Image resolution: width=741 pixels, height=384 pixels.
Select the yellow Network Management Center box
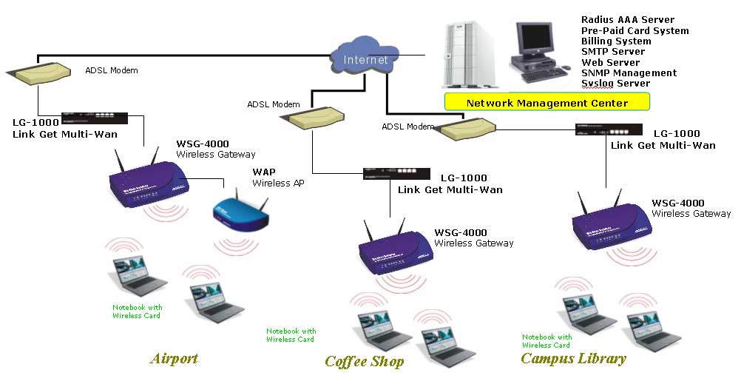pyautogui.click(x=547, y=102)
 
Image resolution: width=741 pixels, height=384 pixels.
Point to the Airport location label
pyautogui.click(x=174, y=359)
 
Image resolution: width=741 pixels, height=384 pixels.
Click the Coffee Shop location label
pyautogui.click(x=365, y=361)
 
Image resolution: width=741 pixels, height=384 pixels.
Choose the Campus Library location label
pyautogui.click(x=573, y=359)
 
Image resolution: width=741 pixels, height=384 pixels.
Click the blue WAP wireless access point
pyautogui.click(x=240, y=209)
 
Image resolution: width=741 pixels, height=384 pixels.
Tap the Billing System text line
pyautogui.click(x=616, y=41)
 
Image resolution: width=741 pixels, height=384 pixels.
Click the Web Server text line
pyautogui.click(x=610, y=63)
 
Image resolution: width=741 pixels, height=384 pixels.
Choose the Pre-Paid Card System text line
pyautogui.click(x=635, y=31)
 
